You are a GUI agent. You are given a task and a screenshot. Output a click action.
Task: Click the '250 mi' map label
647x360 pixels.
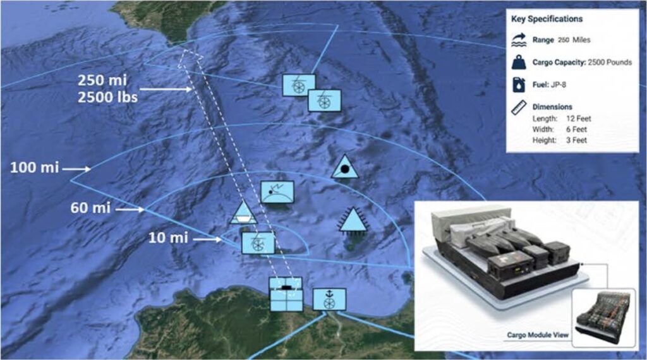(x=102, y=80)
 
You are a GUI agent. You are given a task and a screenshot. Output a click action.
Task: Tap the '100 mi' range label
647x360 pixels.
(x=34, y=168)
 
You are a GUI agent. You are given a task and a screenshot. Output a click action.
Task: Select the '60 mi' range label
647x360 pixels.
(x=90, y=207)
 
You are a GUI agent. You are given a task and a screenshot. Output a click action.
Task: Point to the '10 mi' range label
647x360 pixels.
(x=168, y=237)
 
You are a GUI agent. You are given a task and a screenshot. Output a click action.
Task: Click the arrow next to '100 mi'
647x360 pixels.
(x=76, y=169)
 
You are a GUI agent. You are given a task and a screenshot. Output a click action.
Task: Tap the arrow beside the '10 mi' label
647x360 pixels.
(x=207, y=239)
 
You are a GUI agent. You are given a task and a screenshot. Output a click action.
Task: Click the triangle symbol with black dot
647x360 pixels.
(x=345, y=167)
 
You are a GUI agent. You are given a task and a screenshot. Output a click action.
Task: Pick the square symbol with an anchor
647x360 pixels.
(x=329, y=299)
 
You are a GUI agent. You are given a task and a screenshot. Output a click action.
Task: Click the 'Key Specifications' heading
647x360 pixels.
(x=547, y=19)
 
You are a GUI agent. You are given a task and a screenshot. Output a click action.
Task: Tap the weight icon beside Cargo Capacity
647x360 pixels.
(x=519, y=63)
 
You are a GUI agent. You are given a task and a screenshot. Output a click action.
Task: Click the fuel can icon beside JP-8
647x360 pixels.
(x=519, y=85)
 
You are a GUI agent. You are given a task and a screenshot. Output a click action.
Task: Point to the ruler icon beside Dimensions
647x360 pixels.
(x=519, y=107)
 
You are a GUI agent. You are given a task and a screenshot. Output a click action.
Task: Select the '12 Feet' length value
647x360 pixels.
(x=579, y=119)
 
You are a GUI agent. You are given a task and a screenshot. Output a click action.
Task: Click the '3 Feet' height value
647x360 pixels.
(x=576, y=140)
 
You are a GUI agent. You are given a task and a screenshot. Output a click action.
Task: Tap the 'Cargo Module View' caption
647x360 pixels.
(x=538, y=335)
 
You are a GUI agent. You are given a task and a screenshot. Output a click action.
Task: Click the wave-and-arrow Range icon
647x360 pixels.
(x=519, y=40)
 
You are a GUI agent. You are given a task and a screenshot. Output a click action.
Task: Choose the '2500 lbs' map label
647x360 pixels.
(x=107, y=97)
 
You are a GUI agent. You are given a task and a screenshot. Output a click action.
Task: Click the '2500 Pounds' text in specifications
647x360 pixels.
(x=610, y=63)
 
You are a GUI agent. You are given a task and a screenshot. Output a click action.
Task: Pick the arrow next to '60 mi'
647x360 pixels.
(x=130, y=210)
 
